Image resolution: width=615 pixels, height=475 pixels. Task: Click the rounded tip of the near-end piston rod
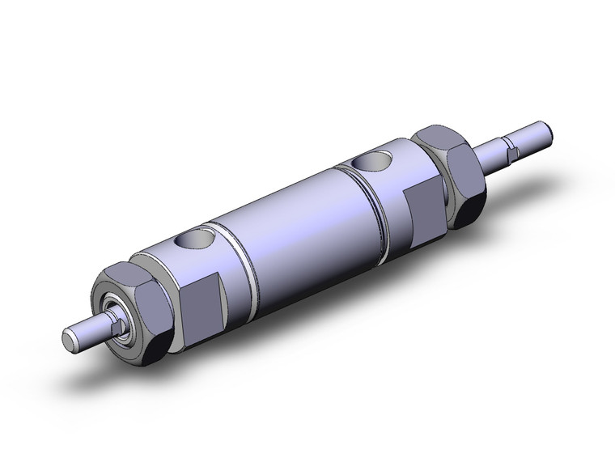click(71, 336)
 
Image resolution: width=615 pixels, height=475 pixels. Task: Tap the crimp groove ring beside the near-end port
click(240, 257)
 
